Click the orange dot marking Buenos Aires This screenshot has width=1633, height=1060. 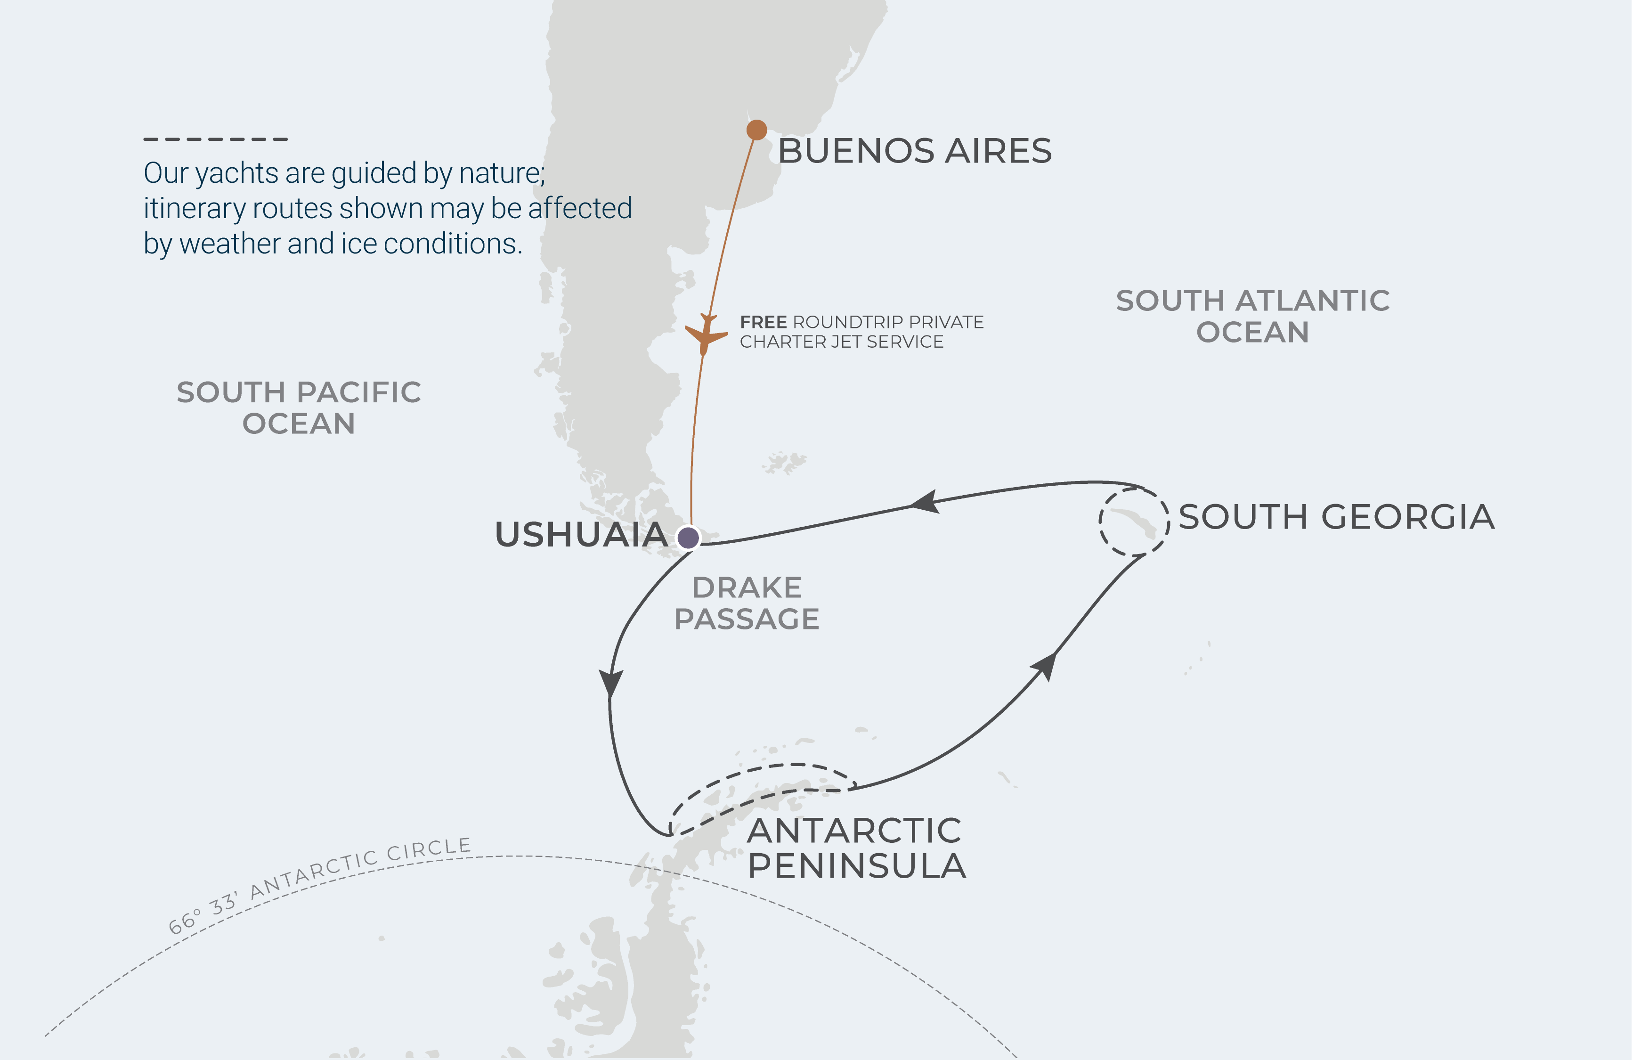coord(756,130)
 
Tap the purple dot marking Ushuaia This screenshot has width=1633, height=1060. coord(688,537)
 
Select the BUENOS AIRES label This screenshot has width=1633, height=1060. coord(914,151)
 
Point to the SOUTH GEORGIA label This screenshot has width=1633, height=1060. coord(1336,517)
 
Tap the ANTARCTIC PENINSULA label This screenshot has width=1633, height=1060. coord(856,848)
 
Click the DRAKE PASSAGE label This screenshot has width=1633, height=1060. coord(747,603)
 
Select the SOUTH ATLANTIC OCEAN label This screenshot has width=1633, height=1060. coord(1252,316)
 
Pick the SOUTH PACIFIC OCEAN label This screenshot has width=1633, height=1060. coord(299,408)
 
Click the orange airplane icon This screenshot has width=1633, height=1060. coord(706,334)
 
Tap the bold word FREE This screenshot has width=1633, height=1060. coord(763,322)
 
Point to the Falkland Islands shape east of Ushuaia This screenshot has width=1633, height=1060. coord(784,463)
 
